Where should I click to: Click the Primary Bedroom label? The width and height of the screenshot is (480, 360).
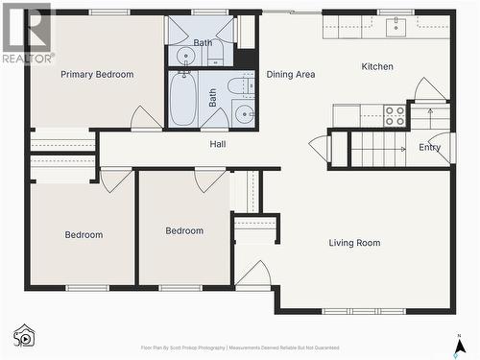point(97,74)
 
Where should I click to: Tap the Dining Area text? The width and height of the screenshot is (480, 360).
point(291,74)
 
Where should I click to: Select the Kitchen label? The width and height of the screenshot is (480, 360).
point(377,66)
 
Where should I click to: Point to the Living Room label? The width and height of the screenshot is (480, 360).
point(354,243)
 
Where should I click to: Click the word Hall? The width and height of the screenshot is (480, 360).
point(218,144)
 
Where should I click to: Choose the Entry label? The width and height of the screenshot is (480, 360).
point(429,147)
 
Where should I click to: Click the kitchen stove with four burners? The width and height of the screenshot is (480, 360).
point(395,116)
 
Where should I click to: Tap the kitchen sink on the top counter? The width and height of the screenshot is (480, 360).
point(397,26)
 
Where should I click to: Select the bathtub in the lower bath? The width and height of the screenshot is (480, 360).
point(182,99)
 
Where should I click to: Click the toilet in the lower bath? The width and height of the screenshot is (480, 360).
point(242,87)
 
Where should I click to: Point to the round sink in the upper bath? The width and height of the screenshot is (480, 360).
point(186,55)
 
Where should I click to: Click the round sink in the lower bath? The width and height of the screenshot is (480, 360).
point(245,116)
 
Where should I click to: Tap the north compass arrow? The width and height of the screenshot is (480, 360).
point(460,342)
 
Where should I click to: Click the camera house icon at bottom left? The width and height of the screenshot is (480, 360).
point(24,335)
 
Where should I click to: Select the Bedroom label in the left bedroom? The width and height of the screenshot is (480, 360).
point(84,234)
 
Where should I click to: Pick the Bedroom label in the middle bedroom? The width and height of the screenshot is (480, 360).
point(184,230)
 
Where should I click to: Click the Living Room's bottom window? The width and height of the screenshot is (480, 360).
point(364,311)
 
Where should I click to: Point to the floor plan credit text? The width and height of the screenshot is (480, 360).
point(239,348)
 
